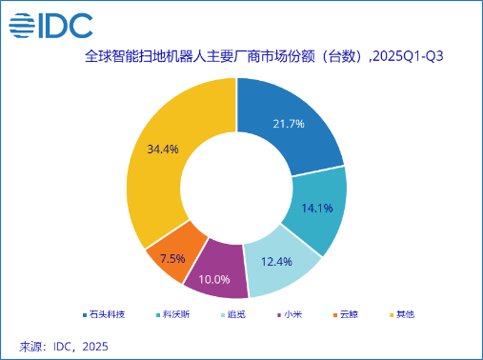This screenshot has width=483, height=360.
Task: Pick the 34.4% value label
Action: click(162, 150)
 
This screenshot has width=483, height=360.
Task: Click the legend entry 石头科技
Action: click(106, 314)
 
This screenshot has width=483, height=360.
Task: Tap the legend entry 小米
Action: click(289, 314)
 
